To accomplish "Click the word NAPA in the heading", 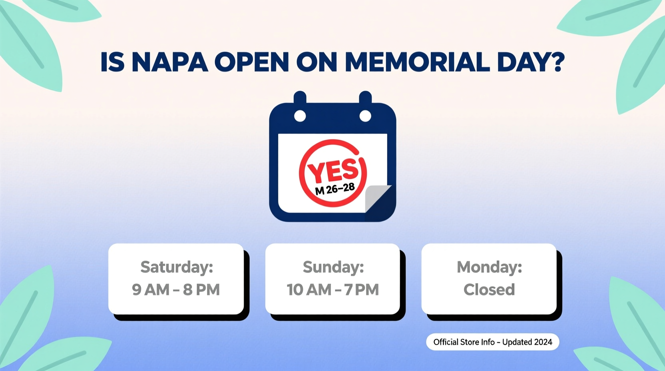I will [169, 62].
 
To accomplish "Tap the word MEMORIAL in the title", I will [417, 62].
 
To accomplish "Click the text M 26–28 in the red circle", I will [335, 189].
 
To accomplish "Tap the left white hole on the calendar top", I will [300, 116].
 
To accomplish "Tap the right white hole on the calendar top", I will [365, 116].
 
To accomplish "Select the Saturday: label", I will [177, 267].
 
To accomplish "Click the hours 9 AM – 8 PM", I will [176, 289].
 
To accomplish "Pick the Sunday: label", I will [333, 267].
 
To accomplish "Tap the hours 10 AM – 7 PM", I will [332, 289].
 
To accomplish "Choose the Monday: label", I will [489, 267].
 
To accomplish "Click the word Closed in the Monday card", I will [489, 289].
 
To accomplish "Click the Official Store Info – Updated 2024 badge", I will [492, 342].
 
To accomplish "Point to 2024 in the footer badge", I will [543, 342].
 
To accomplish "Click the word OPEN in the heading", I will [252, 62].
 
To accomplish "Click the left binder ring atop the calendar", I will [300, 97].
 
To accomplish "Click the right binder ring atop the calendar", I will [365, 97].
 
